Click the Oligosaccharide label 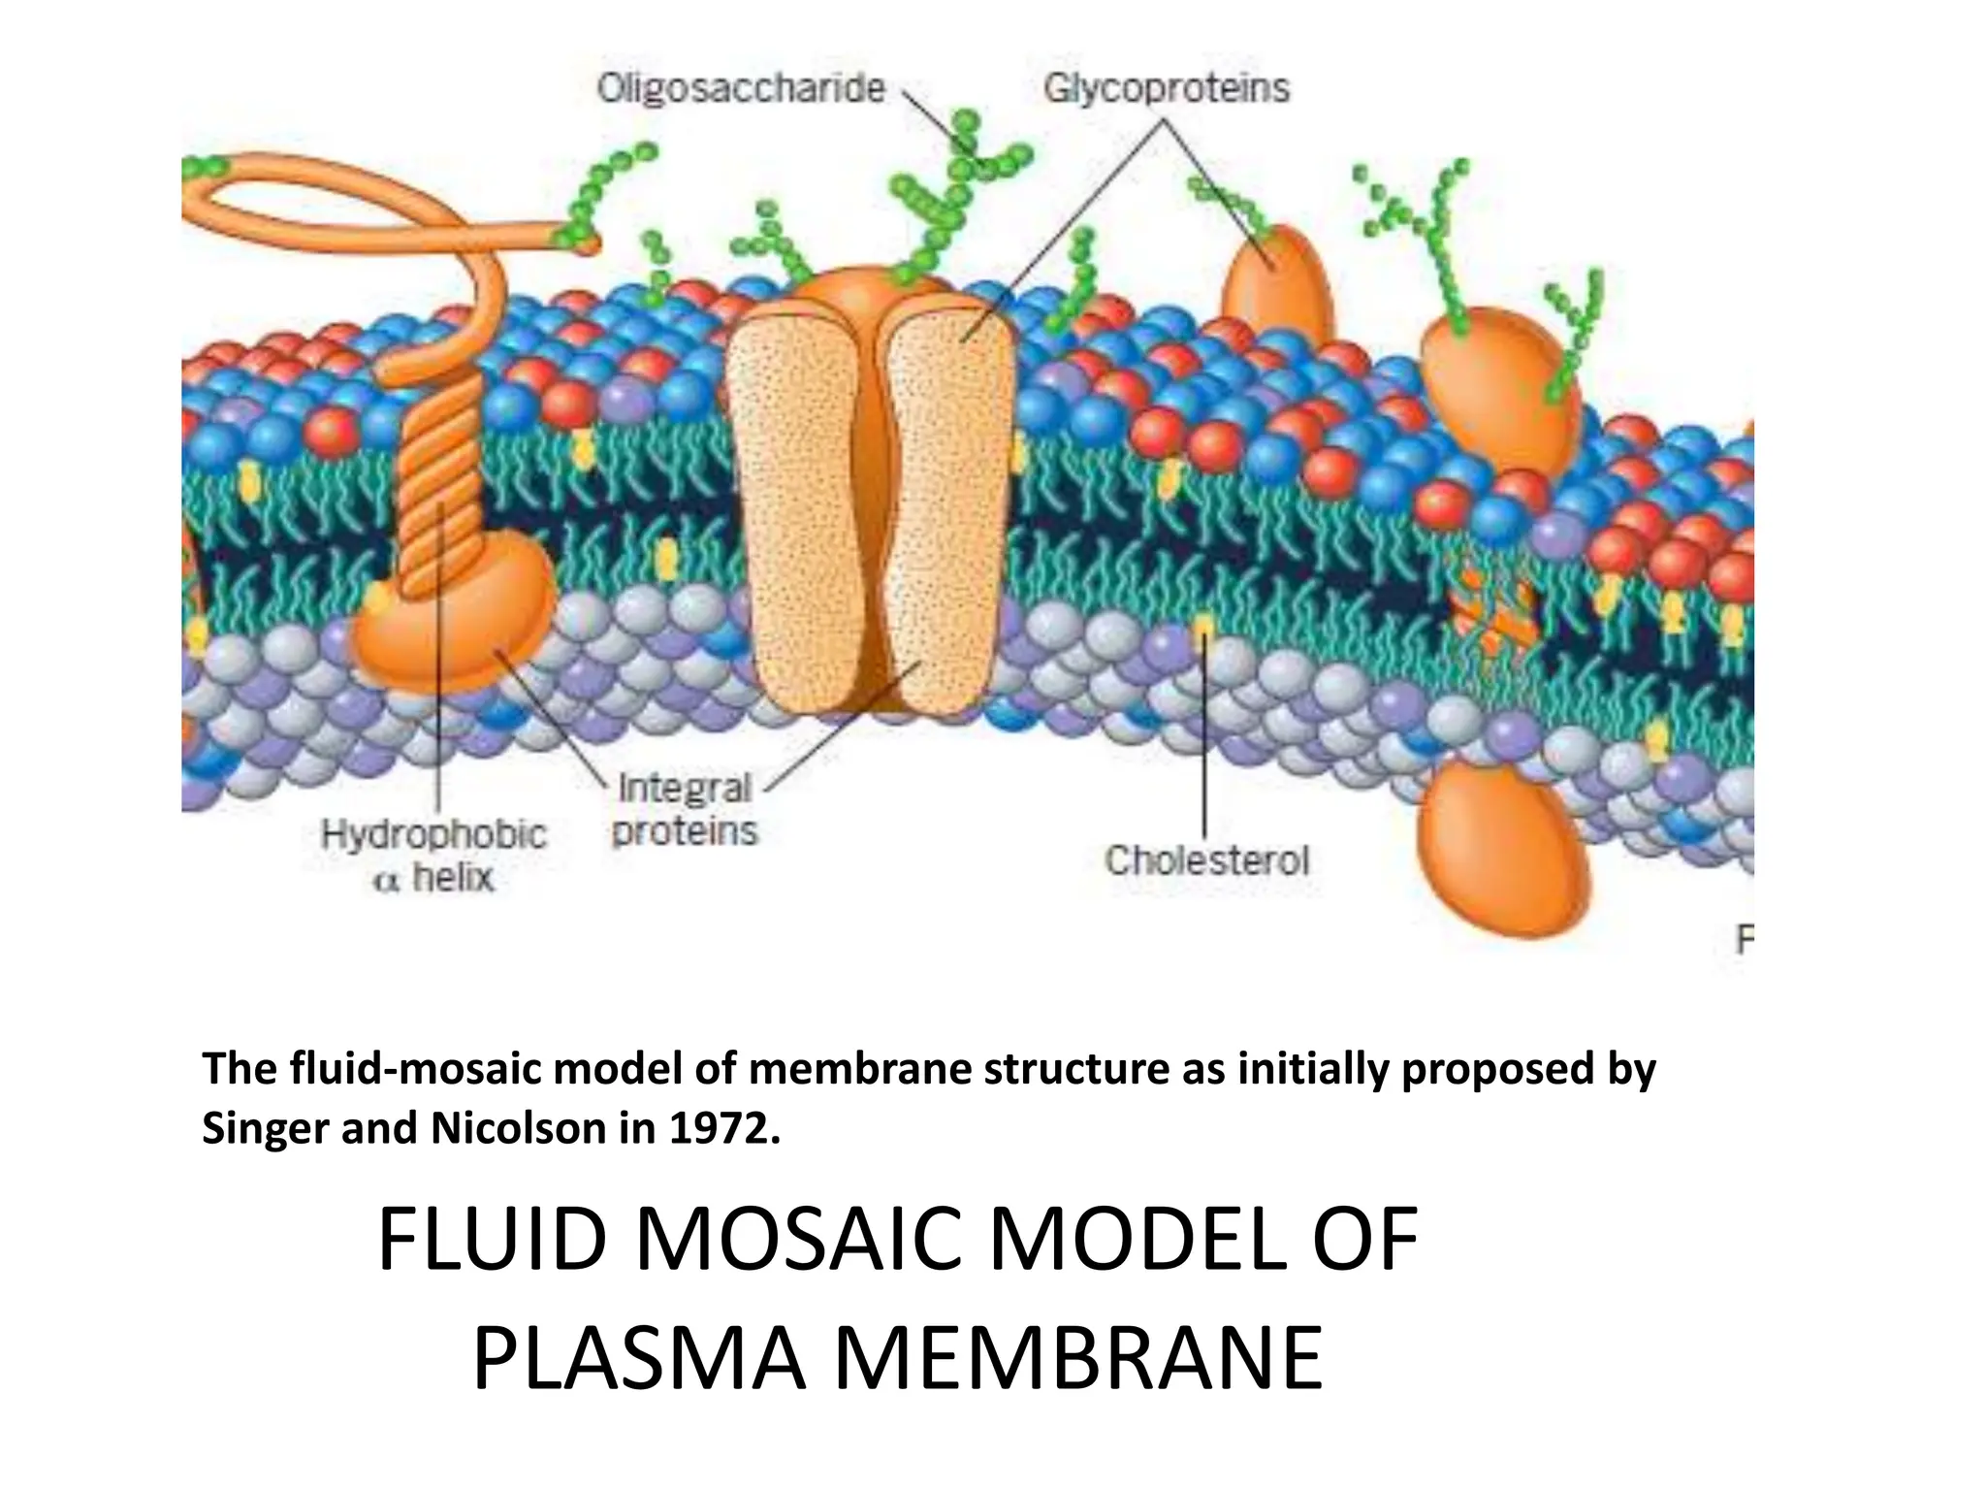[741, 88]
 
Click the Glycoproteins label [1167, 88]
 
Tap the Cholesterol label [1206, 860]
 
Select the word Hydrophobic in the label [433, 834]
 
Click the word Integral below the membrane [685, 788]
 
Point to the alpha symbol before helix [386, 882]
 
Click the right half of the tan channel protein [945, 514]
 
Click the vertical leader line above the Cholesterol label [1204, 737]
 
